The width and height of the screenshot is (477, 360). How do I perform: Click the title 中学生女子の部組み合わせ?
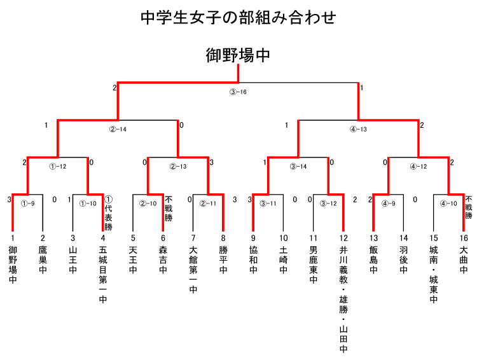[x=238, y=17]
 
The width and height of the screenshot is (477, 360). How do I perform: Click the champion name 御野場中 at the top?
[x=238, y=55]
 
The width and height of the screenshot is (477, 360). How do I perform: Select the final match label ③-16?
[x=238, y=92]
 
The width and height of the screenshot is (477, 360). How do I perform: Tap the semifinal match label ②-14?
[x=118, y=129]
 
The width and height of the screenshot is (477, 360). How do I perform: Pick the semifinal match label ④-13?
[x=358, y=129]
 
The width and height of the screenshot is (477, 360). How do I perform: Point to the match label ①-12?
[x=58, y=167]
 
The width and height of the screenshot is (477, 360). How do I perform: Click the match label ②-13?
[x=178, y=167]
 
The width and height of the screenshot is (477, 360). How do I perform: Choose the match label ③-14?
[x=298, y=167]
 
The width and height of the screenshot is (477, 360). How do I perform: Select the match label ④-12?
[x=418, y=167]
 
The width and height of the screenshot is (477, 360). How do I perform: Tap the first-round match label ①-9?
[x=28, y=204]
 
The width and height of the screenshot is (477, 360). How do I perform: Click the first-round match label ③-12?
[x=328, y=204]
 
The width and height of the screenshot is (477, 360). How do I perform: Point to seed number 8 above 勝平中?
[x=223, y=238]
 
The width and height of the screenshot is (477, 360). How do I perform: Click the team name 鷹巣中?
[x=43, y=260]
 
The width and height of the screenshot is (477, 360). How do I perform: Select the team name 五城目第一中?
[x=103, y=275]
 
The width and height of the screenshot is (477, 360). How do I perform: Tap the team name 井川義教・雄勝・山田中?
[x=343, y=299]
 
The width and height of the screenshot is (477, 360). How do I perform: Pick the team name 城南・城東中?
[x=434, y=275]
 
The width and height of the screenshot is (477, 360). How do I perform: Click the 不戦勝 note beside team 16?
[x=469, y=207]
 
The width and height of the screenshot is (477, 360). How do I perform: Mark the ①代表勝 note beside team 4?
[x=108, y=212]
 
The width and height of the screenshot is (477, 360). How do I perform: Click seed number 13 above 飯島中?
[x=373, y=238]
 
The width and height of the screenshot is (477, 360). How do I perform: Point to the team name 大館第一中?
[x=193, y=270]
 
